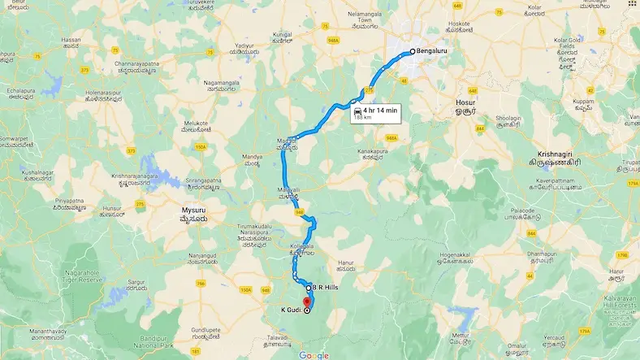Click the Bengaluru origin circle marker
point(412,52)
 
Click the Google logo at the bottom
point(314,355)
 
